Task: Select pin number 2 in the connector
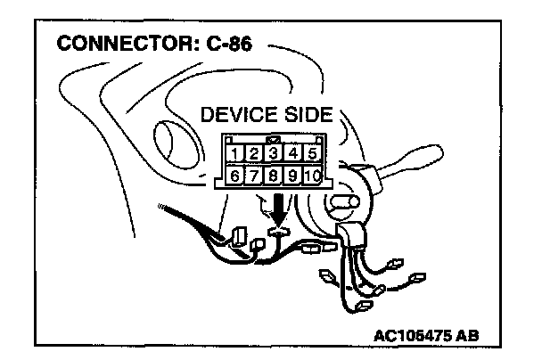point(254,153)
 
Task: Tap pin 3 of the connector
point(273,153)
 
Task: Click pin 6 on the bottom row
point(234,175)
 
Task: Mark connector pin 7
point(253,175)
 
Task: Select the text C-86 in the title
point(227,44)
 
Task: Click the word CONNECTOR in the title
point(118,44)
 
